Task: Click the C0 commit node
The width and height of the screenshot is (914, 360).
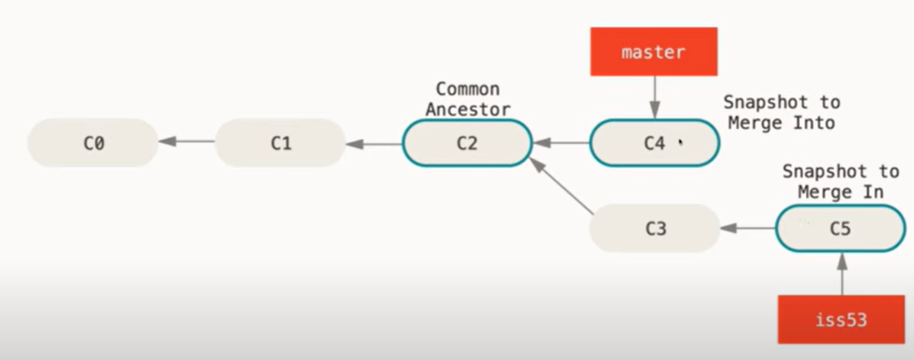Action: tap(93, 143)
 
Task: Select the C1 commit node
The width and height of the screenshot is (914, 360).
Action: tap(280, 143)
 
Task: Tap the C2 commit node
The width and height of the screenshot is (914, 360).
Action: tap(467, 143)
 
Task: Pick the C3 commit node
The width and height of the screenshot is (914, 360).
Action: tap(654, 228)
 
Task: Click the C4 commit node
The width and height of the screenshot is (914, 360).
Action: tap(654, 143)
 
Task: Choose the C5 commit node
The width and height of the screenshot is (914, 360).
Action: tap(840, 228)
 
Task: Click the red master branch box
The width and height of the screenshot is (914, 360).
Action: tap(654, 52)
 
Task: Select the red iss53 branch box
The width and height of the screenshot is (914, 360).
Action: tap(841, 320)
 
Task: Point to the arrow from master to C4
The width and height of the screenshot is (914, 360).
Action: tap(654, 97)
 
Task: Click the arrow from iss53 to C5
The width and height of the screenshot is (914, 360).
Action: tap(841, 273)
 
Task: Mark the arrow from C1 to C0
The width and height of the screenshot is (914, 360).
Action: tap(187, 142)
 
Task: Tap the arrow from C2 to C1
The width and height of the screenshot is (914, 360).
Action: tap(374, 144)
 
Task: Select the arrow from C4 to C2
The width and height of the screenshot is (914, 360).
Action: tap(561, 143)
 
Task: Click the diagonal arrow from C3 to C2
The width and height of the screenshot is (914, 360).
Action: tap(561, 185)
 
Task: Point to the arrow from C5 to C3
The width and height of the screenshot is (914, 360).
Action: tap(747, 228)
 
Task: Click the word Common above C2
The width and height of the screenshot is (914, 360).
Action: tap(467, 89)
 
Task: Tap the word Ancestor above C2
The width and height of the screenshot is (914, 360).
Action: tap(467, 110)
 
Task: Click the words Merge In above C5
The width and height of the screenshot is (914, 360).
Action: tap(841, 191)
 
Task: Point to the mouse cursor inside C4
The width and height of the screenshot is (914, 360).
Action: tap(680, 142)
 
